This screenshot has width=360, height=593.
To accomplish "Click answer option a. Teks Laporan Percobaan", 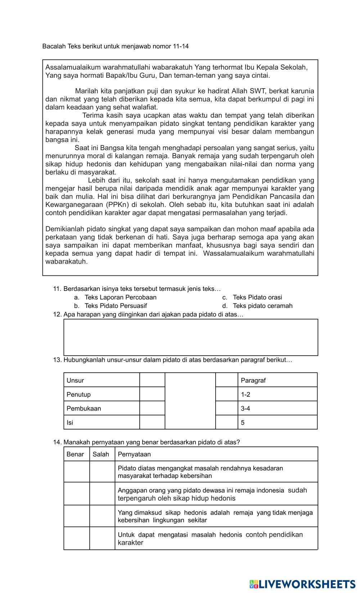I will click(x=120, y=297).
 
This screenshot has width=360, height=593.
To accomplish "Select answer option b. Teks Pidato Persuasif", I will click(x=116, y=306).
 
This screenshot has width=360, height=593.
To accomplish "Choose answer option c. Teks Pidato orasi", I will click(x=257, y=297).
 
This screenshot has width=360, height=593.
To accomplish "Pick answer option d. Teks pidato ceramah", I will click(x=262, y=306).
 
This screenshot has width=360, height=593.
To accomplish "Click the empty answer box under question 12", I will click(x=191, y=337).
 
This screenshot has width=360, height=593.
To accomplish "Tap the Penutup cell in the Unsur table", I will click(x=102, y=395).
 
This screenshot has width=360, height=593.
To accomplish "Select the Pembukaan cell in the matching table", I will click(x=102, y=409).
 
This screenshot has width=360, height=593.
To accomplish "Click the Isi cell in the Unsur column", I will click(x=102, y=423).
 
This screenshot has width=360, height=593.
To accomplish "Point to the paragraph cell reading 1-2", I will click(x=277, y=395).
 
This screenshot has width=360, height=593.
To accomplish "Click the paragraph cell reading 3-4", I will click(x=277, y=409).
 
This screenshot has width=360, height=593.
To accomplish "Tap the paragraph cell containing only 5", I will click(x=277, y=423).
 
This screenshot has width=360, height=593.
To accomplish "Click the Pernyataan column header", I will click(x=216, y=454).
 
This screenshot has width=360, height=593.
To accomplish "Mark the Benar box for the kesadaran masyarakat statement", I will click(x=77, y=472).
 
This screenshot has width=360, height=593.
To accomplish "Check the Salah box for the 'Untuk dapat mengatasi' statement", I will click(x=102, y=539).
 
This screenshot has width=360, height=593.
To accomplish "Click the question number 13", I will click(x=57, y=360).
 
